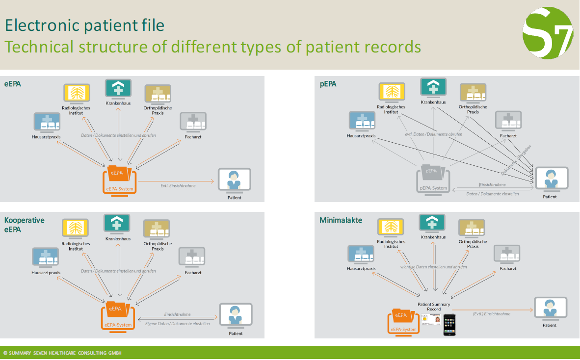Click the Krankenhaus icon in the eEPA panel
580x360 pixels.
(118, 89)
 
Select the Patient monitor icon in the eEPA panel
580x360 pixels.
(234, 180)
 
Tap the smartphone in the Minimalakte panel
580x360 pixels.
(449, 325)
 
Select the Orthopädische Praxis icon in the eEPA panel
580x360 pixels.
(158, 94)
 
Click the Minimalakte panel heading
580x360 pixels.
(341, 220)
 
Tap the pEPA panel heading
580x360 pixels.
(328, 84)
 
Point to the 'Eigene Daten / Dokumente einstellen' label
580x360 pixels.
(178, 324)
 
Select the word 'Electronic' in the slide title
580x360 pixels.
(40, 25)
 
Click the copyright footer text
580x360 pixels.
(62, 353)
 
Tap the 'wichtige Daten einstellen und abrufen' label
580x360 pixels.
(433, 267)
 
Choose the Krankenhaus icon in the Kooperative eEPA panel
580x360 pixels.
(117, 224)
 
